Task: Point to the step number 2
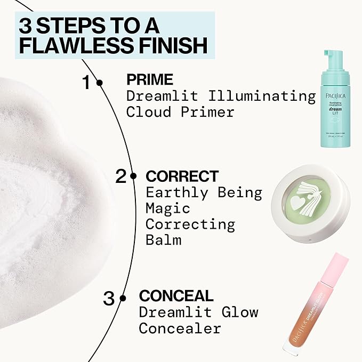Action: tap(121, 176)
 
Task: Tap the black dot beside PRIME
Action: tap(100, 83)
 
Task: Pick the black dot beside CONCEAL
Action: tap(123, 298)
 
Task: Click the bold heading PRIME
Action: tap(149, 80)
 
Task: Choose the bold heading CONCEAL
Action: tap(176, 296)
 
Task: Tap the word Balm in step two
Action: tap(163, 240)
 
